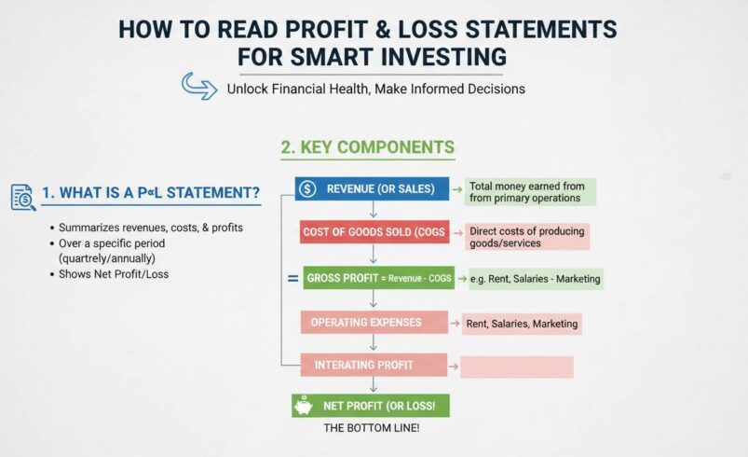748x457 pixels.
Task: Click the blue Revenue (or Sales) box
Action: (x=373, y=189)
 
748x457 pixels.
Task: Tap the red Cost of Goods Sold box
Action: (x=374, y=232)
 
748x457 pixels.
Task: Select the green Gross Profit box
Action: (x=379, y=278)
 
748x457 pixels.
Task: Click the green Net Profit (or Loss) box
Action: (x=372, y=406)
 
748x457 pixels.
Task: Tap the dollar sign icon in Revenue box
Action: (x=308, y=189)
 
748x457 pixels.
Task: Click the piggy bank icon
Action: (x=304, y=406)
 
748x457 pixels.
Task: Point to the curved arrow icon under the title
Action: (x=198, y=87)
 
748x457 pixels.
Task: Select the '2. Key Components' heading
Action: (x=367, y=147)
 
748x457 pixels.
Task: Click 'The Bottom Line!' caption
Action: (x=372, y=428)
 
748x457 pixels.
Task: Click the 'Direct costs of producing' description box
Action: (x=526, y=237)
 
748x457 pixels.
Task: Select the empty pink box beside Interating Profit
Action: (x=516, y=367)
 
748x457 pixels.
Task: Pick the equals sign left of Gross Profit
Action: (x=292, y=278)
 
